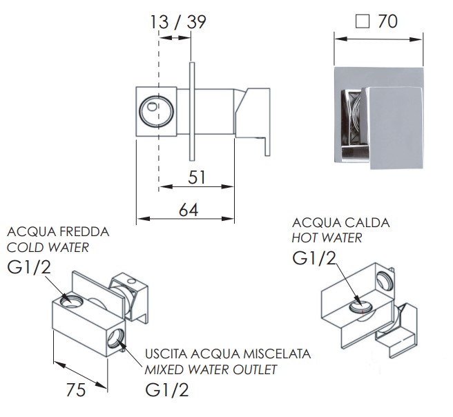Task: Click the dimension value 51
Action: [x=197, y=177]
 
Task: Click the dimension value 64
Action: [x=189, y=210]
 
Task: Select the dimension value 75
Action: [x=76, y=390]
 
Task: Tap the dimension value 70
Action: [x=387, y=21]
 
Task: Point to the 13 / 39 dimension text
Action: [x=178, y=22]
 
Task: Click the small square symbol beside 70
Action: [x=363, y=21]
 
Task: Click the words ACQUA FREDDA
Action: [x=58, y=232]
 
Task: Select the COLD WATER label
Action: [x=48, y=247]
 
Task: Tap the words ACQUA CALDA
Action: [x=341, y=222]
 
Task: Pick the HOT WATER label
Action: [x=327, y=238]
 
